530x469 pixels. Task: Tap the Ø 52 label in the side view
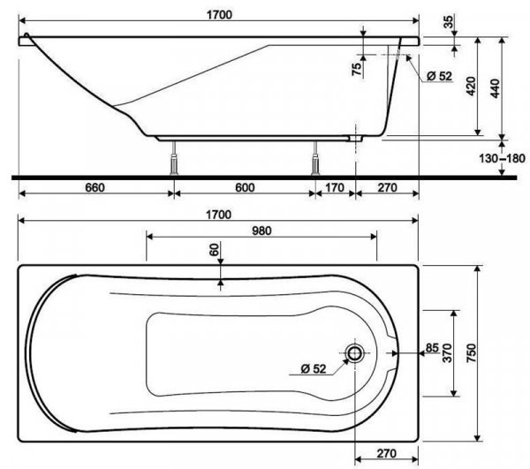[437, 77]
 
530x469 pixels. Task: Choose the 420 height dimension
[472, 87]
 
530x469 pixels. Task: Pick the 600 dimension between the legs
[244, 187]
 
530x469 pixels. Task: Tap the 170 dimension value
[334, 187]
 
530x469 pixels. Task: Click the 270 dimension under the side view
[385, 187]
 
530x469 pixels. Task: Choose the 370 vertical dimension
[448, 354]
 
